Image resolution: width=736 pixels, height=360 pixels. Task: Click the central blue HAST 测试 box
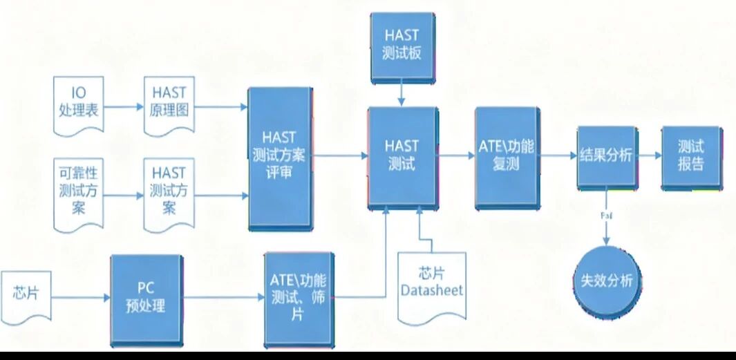[x=402, y=155]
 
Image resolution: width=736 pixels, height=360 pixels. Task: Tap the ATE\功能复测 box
[x=507, y=156]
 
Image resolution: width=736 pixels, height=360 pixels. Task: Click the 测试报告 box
[x=690, y=156]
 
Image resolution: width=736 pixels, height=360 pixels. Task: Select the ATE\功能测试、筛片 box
[x=299, y=298]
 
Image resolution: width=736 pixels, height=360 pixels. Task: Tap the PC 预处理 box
[x=146, y=298]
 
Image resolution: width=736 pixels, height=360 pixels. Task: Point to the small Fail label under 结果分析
[x=607, y=216]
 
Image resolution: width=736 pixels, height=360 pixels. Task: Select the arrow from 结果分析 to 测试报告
[x=649, y=156]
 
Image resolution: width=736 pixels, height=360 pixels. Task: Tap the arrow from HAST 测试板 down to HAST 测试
[x=402, y=93]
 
